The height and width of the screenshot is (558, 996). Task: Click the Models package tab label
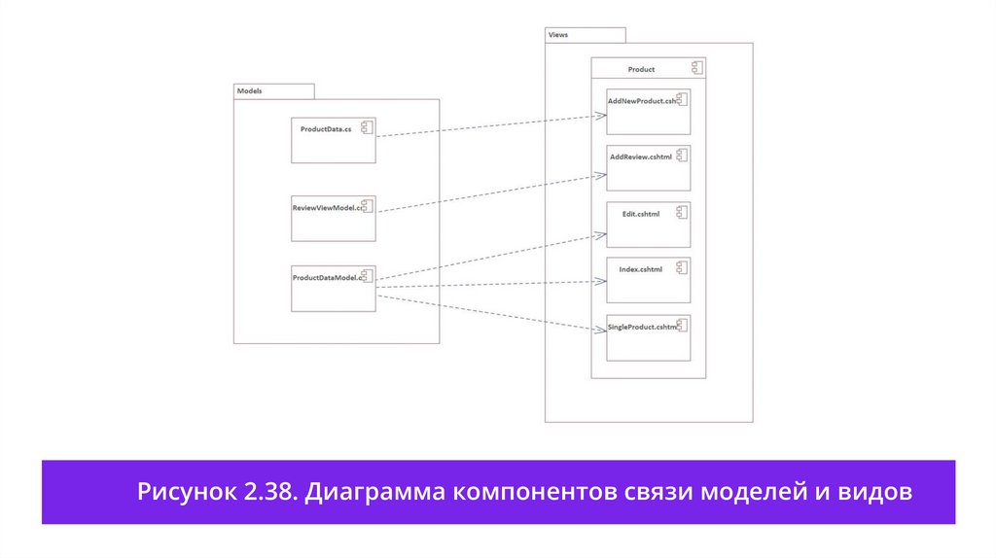point(250,90)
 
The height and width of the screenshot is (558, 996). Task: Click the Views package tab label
point(558,35)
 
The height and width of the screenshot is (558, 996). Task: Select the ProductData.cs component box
point(333,140)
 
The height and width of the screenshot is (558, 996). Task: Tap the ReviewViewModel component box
point(333,219)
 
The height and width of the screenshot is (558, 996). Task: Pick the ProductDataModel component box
point(333,288)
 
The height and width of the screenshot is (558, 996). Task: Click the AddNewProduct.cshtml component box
point(648,111)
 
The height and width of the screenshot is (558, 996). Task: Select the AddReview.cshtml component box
point(648,167)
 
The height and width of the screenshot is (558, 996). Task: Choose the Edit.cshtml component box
point(648,225)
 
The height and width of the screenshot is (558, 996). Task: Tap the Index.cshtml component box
point(648,280)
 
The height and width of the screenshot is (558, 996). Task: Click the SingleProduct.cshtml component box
point(648,336)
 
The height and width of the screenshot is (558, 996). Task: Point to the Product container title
point(641,69)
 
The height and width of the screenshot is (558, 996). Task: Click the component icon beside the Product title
point(696,68)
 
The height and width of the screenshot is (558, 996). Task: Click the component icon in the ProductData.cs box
point(368,126)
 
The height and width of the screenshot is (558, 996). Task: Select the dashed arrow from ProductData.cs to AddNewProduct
point(486,126)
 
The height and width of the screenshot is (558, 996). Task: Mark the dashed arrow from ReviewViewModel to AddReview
point(486,193)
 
